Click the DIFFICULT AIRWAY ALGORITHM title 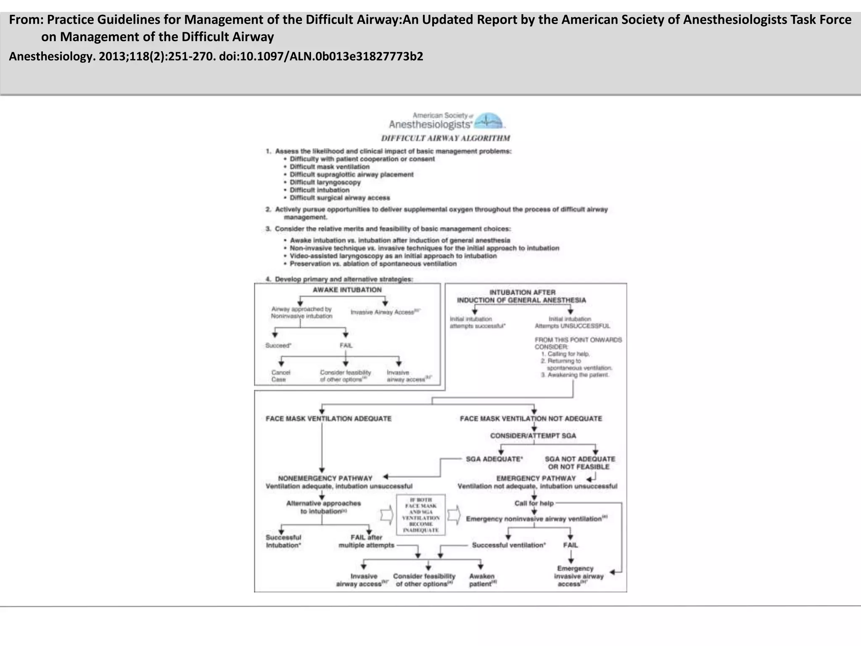(x=446, y=138)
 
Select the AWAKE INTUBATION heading (x=347, y=290)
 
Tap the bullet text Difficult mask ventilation (x=330, y=167)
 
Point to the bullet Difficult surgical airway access (x=340, y=198)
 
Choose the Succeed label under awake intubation (x=278, y=345)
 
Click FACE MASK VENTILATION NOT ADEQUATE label (x=531, y=418)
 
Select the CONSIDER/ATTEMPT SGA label (x=533, y=436)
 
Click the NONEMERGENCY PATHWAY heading (x=325, y=478)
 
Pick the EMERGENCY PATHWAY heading (x=536, y=478)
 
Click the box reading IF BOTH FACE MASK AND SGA (x=421, y=515)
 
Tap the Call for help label (x=534, y=503)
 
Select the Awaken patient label (x=482, y=580)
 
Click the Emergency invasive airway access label (x=578, y=576)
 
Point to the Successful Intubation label (x=283, y=541)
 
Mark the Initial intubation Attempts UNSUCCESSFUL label (x=572, y=322)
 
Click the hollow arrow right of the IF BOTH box (x=454, y=515)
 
